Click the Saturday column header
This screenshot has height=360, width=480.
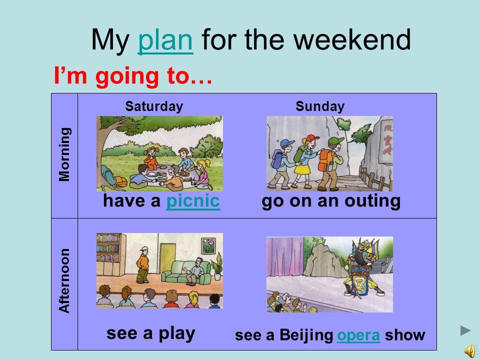(x=154, y=106)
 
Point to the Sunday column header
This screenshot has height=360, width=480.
(x=320, y=106)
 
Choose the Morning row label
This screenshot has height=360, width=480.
(x=64, y=154)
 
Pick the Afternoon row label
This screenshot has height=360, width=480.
(x=64, y=280)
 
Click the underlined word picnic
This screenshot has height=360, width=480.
(x=193, y=201)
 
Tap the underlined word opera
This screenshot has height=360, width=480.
(x=358, y=335)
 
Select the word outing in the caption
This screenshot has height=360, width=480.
(x=372, y=201)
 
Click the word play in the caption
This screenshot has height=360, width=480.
(x=176, y=333)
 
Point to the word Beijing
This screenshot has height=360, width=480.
(x=306, y=335)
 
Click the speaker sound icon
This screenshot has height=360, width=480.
(x=470, y=350)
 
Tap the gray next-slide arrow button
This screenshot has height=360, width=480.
(x=465, y=330)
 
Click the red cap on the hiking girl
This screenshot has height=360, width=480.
(x=311, y=138)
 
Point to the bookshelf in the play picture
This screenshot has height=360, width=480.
(x=111, y=254)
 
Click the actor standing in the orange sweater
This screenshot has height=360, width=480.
(x=142, y=265)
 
